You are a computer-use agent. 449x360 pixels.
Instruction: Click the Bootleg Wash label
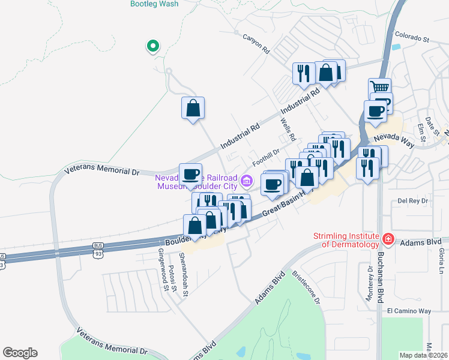154,4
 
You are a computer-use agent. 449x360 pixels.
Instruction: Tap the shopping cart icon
379,88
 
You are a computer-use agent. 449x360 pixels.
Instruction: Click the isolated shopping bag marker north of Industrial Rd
193,109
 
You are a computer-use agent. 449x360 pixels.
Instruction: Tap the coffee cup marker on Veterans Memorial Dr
191,174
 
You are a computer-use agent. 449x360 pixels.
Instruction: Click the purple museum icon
246,180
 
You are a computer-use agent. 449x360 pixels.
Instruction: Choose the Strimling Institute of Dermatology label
346,240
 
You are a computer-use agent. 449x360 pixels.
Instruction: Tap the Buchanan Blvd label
381,281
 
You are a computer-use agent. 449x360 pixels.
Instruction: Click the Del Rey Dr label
411,201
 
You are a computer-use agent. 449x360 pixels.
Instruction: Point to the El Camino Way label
409,311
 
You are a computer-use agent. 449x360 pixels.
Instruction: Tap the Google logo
20,353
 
